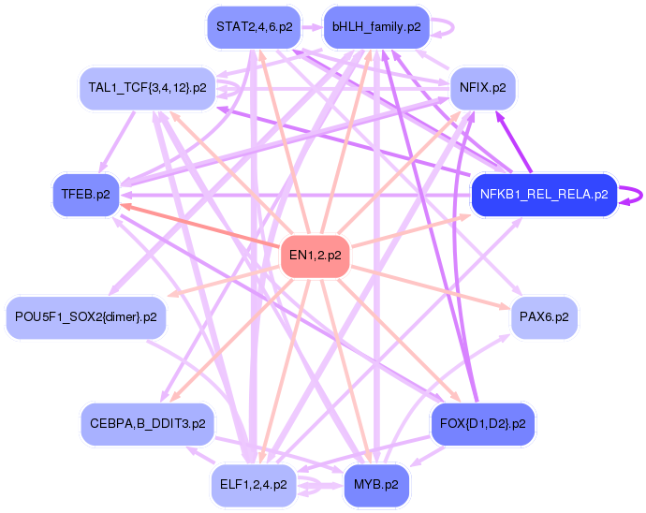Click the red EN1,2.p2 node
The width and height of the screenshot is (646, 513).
(x=316, y=255)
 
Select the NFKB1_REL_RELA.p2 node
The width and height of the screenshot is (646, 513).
(x=543, y=196)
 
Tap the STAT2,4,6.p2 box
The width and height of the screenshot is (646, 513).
(x=253, y=27)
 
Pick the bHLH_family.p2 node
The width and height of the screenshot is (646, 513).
(x=375, y=27)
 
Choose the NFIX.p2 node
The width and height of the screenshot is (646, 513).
(x=483, y=88)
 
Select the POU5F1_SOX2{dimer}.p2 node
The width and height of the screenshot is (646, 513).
(x=85, y=317)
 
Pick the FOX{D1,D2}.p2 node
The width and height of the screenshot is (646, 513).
(x=482, y=424)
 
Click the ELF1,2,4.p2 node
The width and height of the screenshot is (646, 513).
(x=254, y=485)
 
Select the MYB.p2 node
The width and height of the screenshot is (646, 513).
(x=376, y=485)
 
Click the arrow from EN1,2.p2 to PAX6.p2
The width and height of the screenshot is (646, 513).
(x=431, y=286)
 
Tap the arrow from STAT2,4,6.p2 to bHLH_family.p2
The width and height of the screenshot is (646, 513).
(x=311, y=27)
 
